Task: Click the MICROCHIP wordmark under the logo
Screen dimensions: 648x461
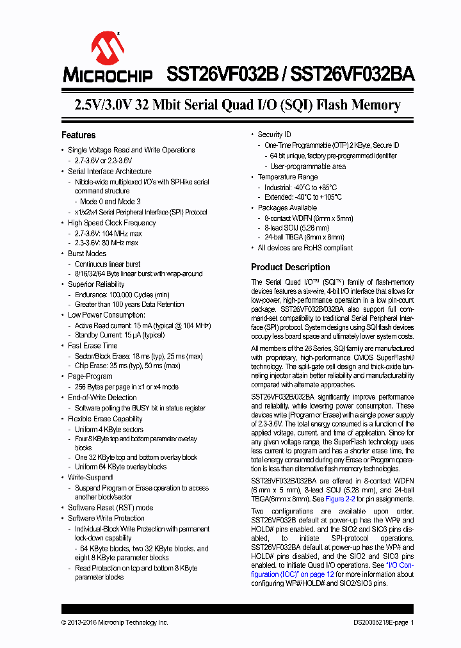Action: pos(108,75)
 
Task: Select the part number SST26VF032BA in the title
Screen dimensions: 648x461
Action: pos(352,74)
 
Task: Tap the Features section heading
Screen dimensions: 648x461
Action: pos(79,135)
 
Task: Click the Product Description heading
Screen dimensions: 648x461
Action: pos(291,267)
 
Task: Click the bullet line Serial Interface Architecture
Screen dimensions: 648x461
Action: pos(109,172)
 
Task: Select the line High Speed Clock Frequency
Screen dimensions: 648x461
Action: pos(112,223)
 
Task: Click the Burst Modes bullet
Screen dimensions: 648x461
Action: pos(87,254)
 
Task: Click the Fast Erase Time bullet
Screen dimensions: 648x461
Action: pos(93,346)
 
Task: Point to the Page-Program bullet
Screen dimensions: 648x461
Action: pos(90,377)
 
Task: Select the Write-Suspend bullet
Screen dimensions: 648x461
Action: pos(92,477)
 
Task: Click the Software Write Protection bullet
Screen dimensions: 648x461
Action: pos(106,518)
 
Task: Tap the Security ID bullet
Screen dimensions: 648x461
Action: pos(274,134)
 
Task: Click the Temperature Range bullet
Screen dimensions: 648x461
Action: pos(287,177)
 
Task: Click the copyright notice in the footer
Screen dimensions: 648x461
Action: pos(115,622)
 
